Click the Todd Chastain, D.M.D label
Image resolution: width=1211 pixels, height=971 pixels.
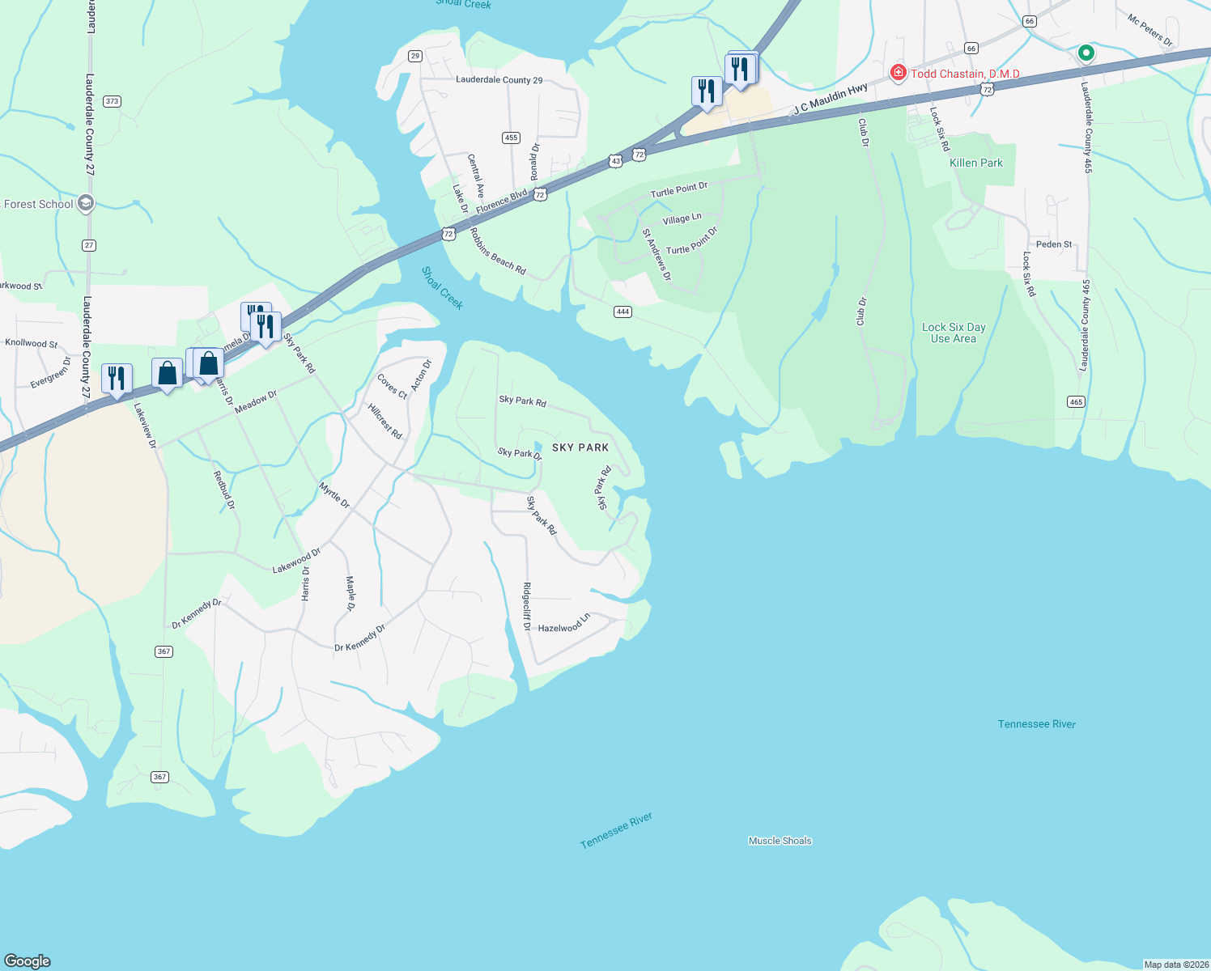[965, 74]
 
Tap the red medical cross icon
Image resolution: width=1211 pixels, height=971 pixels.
[898, 73]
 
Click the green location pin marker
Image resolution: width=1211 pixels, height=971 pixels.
[1086, 53]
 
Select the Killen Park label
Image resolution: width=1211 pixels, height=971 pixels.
[975, 163]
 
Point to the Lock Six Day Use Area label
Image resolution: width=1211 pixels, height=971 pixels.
[954, 333]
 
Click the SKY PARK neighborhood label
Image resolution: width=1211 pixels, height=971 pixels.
[580, 447]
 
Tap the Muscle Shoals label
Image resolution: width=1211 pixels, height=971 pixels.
[780, 841]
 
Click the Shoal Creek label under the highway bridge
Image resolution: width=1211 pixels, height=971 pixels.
[442, 288]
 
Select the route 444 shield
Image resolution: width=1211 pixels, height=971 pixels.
[622, 312]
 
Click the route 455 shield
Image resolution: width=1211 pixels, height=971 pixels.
[511, 138]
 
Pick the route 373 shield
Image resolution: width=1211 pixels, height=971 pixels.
[112, 101]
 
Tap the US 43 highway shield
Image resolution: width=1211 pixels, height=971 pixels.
[616, 161]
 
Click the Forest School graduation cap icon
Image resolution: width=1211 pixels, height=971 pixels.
[86, 204]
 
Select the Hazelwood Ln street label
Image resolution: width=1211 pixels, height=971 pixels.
[564, 624]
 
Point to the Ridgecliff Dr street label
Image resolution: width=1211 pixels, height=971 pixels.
[527, 606]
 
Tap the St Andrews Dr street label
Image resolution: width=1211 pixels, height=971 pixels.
[656, 254]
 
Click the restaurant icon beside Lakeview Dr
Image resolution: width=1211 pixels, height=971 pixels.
[117, 378]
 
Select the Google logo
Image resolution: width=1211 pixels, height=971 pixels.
[28, 960]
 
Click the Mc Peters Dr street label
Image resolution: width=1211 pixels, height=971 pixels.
[1149, 30]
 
